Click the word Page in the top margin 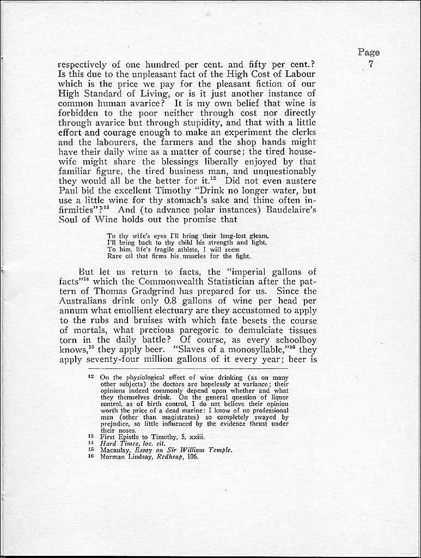tap(369, 53)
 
